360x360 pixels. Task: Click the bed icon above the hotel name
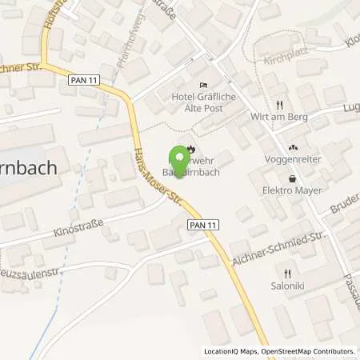203,86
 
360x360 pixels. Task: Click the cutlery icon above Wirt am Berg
278,104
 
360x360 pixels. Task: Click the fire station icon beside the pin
190,148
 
